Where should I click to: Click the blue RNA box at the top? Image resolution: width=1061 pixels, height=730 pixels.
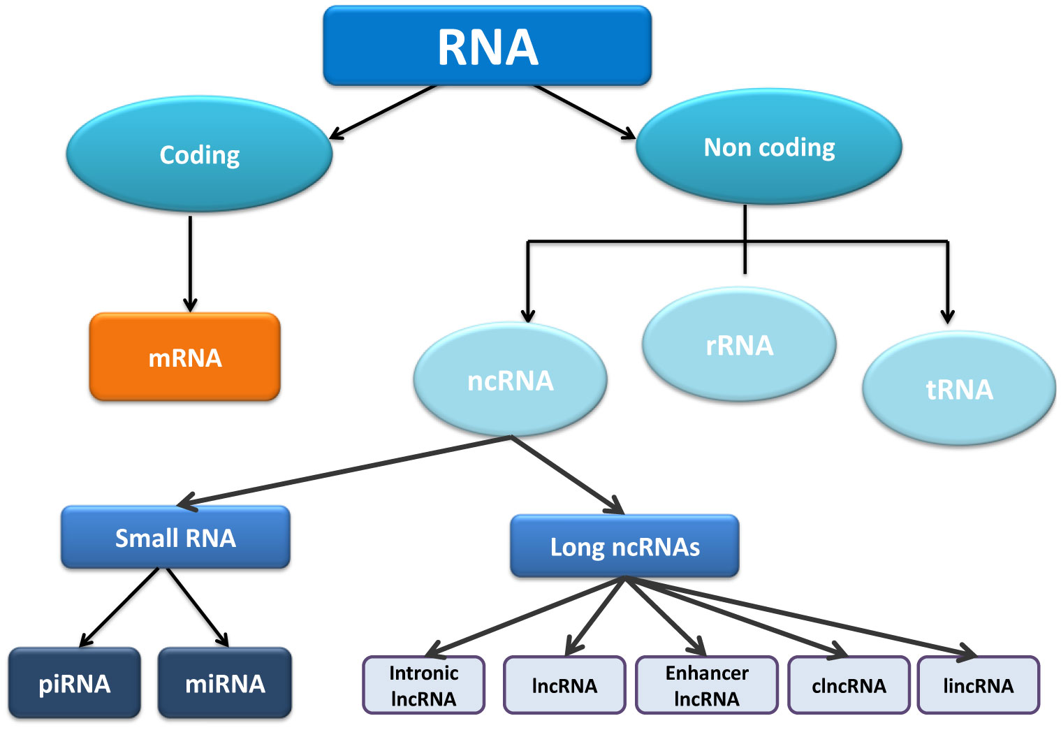(x=487, y=46)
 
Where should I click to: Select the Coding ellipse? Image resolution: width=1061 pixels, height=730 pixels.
(x=199, y=154)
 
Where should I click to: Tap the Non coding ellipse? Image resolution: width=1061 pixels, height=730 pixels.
(x=768, y=147)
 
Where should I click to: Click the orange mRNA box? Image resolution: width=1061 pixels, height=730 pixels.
(x=185, y=357)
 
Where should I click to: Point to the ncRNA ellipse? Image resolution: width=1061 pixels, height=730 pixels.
(x=510, y=381)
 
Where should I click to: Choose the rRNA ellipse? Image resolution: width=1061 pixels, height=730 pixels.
(x=739, y=345)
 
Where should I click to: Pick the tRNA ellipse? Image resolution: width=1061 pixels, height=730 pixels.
(x=959, y=389)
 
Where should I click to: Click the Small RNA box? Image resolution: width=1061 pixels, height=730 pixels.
(x=175, y=537)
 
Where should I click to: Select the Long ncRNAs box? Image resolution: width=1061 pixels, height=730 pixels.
(x=624, y=546)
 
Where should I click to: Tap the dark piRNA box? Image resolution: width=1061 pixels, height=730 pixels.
(x=75, y=683)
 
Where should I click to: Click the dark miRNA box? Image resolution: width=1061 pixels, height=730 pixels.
(x=225, y=683)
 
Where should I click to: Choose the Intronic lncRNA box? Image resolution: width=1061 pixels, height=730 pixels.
(x=424, y=685)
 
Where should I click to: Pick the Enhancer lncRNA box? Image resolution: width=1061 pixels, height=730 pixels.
(x=706, y=685)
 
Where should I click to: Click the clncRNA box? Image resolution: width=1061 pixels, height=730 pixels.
(x=849, y=685)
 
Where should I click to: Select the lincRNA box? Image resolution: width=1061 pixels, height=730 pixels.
(x=978, y=685)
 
